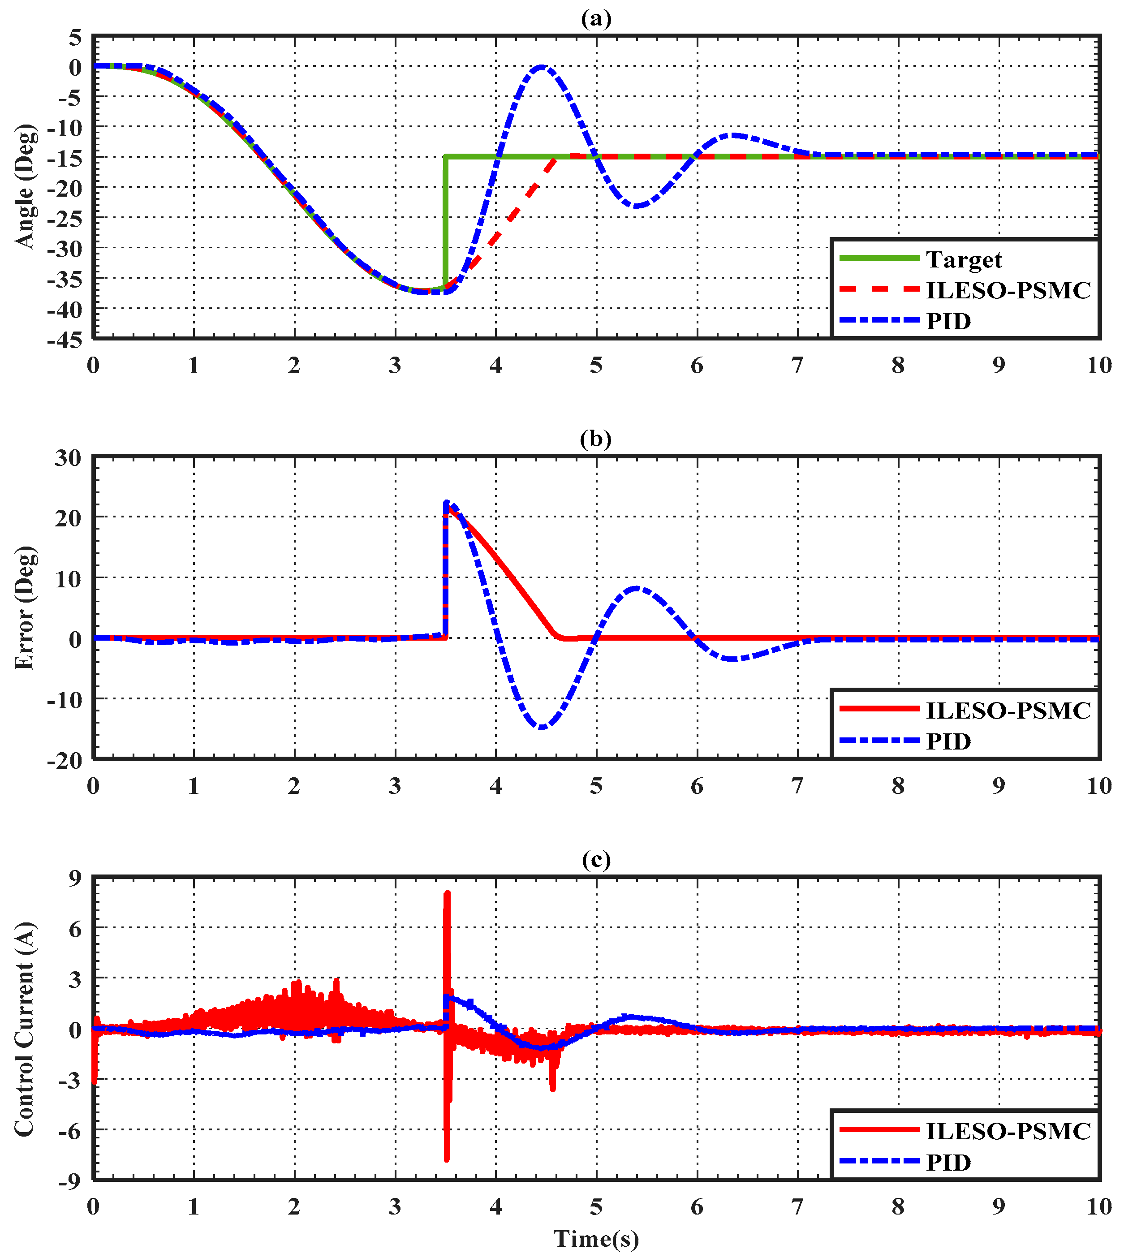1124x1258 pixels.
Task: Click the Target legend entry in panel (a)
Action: click(x=964, y=260)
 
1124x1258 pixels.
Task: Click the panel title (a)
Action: click(x=596, y=18)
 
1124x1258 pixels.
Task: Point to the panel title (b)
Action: click(x=596, y=439)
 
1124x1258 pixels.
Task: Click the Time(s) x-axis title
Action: click(x=596, y=1239)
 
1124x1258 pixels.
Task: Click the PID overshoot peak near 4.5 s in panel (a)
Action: click(x=542, y=67)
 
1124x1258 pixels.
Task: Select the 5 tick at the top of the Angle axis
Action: click(x=75, y=38)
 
